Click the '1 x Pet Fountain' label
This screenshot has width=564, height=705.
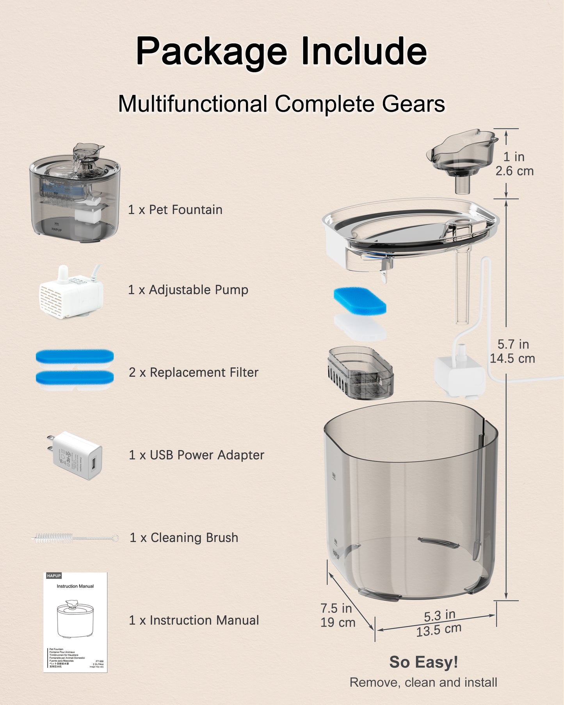click(x=175, y=210)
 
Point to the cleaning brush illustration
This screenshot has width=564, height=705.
click(x=74, y=538)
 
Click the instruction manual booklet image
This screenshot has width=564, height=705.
click(x=75, y=622)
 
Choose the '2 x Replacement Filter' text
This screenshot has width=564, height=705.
click(x=194, y=372)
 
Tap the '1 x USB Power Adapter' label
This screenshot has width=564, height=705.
click(x=196, y=455)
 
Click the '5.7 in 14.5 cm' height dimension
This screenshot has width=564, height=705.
click(x=512, y=351)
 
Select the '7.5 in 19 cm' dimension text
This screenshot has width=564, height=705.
click(x=338, y=615)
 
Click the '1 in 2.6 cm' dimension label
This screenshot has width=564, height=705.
click(x=514, y=164)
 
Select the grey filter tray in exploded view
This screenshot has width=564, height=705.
click(x=361, y=373)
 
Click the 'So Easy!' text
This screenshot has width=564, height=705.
click(x=423, y=662)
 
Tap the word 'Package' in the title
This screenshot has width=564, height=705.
click(x=211, y=51)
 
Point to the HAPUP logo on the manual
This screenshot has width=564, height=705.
click(x=54, y=576)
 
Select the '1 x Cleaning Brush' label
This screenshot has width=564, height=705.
click(x=184, y=538)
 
